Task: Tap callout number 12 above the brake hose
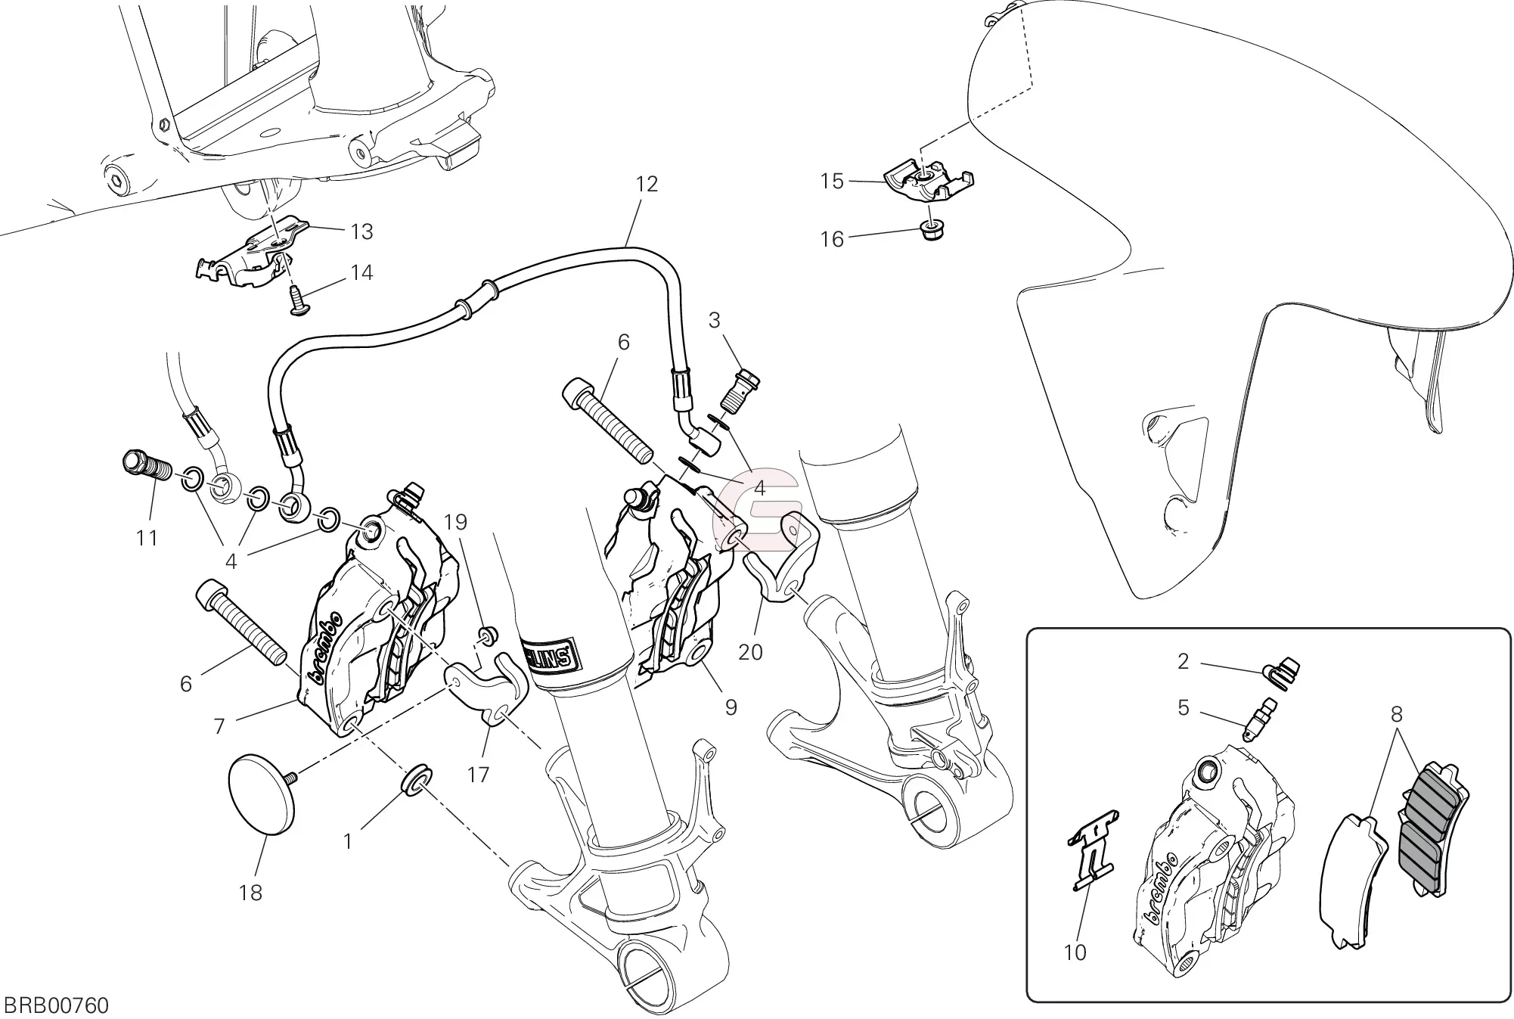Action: coord(647,184)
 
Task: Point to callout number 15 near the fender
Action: coord(832,182)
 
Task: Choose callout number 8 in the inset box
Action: coord(1396,713)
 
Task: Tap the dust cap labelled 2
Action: coord(1281,672)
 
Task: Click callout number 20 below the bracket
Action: coord(750,651)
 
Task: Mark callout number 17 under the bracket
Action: coord(479,774)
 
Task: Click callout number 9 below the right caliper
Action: coord(731,707)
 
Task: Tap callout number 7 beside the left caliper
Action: coord(219,727)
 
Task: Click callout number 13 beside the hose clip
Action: coord(362,231)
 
